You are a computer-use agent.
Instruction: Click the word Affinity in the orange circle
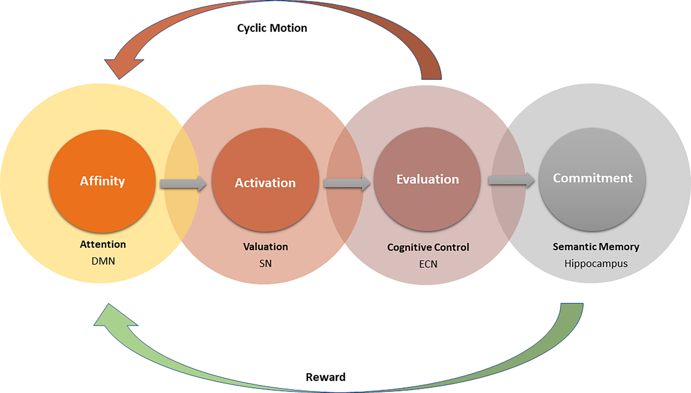click(x=102, y=181)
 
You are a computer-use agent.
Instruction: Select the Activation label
click(x=265, y=183)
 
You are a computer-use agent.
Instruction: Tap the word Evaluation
click(x=427, y=179)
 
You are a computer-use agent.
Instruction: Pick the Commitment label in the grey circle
click(x=593, y=178)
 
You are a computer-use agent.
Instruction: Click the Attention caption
click(x=103, y=244)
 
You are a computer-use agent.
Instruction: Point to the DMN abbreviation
click(x=103, y=261)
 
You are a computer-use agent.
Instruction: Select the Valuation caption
click(x=266, y=246)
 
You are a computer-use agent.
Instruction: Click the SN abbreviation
click(x=266, y=263)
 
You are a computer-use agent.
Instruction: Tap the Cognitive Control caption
click(x=428, y=247)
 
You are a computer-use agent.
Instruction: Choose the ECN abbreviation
click(x=428, y=264)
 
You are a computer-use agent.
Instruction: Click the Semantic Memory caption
click(x=595, y=247)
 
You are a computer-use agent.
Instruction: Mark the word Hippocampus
click(x=595, y=264)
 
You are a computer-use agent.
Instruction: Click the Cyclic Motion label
click(x=272, y=28)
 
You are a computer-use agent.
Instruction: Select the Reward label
click(x=326, y=377)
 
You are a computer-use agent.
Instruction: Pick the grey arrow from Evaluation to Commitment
click(x=511, y=180)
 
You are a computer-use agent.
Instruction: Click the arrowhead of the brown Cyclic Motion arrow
click(x=122, y=66)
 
